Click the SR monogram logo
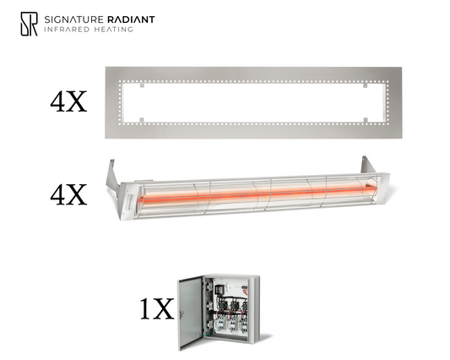click(x=29, y=24)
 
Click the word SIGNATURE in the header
click(x=73, y=19)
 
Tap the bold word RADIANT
click(x=131, y=19)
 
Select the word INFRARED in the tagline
click(x=67, y=30)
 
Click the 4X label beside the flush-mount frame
click(x=68, y=101)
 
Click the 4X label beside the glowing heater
click(x=68, y=195)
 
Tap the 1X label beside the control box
click(x=157, y=308)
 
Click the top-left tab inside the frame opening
click(x=142, y=85)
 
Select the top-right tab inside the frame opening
click(x=365, y=85)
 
